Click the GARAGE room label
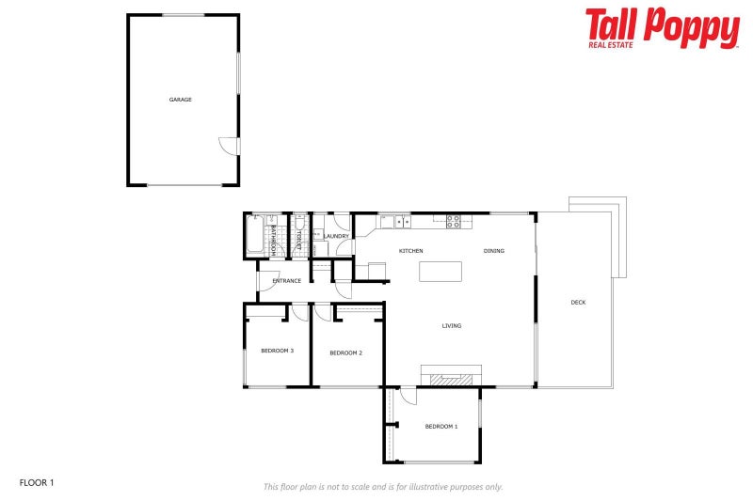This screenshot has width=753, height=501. point(181,100)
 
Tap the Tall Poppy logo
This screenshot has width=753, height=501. point(662,27)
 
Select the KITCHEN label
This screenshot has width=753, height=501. point(410,251)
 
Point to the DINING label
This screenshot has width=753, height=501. point(494,251)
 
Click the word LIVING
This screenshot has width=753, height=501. point(452,326)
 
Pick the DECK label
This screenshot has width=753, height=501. point(578,302)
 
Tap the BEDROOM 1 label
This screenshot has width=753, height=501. point(441,427)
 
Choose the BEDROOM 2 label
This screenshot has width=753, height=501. point(345,352)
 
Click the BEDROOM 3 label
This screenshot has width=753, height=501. point(277,351)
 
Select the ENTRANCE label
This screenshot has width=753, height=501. point(286,280)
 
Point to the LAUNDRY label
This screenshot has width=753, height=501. point(336,236)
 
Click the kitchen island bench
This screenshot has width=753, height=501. point(441,272)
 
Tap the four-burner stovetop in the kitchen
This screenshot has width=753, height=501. point(453,222)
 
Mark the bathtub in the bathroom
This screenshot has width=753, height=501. point(255,236)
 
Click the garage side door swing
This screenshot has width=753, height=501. point(228,148)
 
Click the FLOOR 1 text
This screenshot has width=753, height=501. point(37,482)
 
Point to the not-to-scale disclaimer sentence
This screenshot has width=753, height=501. point(382,487)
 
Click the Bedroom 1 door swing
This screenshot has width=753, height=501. point(408,396)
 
